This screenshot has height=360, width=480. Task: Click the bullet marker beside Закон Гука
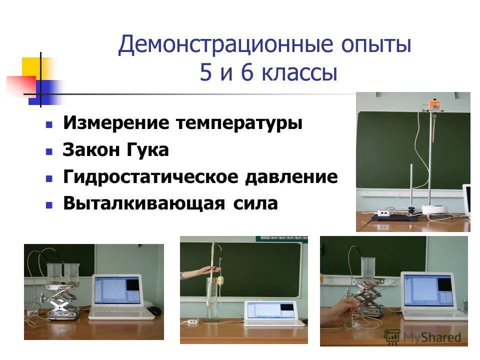point(49,150)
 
